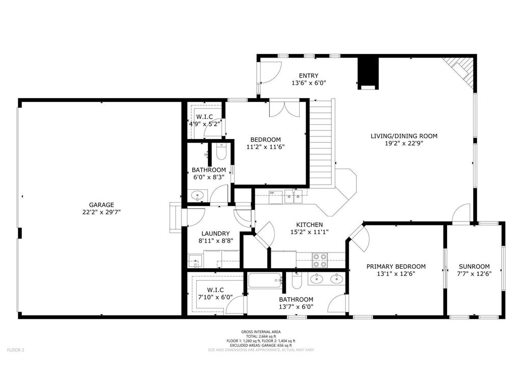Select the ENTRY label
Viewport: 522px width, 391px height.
click(x=308, y=76)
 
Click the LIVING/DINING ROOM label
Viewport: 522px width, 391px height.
click(x=404, y=136)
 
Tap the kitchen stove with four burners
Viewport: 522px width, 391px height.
click(x=320, y=260)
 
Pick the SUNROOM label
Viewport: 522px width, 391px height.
click(x=474, y=266)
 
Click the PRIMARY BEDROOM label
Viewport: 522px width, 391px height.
click(x=396, y=266)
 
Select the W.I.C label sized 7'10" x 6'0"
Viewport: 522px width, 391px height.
click(x=216, y=290)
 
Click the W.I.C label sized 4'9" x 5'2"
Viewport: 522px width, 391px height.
click(x=204, y=117)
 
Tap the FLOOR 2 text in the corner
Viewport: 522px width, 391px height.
click(x=15, y=350)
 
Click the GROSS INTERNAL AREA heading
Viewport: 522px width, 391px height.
click(x=260, y=331)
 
